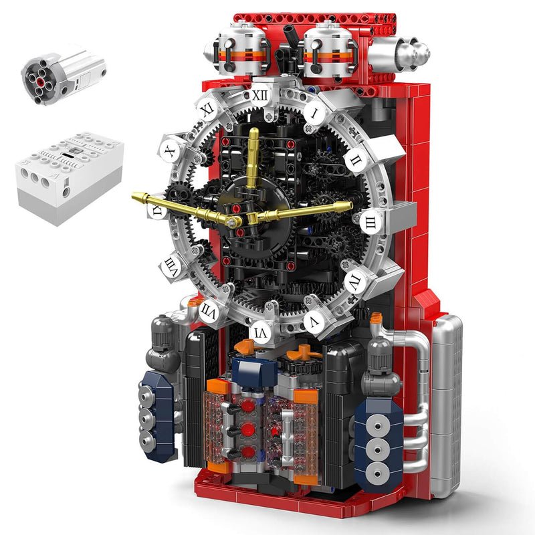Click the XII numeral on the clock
(259, 95)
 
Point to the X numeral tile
(170, 152)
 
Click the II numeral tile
(355, 160)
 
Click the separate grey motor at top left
(64, 72)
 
